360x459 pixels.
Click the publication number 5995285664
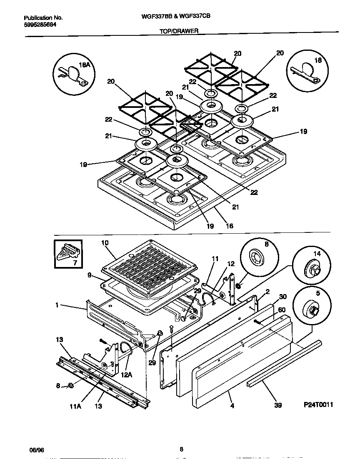[40, 25]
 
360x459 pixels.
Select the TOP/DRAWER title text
[179, 31]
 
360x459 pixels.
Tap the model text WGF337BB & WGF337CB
[179, 18]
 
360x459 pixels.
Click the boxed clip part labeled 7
[68, 254]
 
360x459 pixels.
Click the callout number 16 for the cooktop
[229, 226]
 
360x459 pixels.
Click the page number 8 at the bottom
[181, 449]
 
